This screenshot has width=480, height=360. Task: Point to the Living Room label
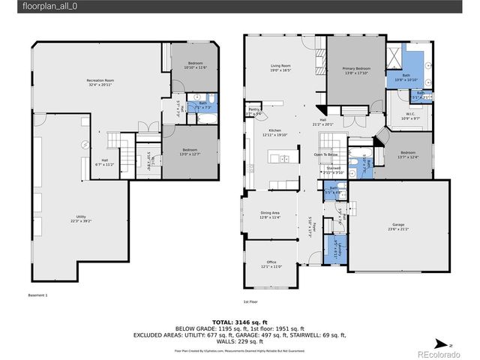tap(281, 67)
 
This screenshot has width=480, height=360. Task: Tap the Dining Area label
tap(270, 215)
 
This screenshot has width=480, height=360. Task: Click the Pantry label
tap(253, 111)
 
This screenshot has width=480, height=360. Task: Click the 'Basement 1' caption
tap(37, 295)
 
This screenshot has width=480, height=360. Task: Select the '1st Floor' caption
tap(251, 303)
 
